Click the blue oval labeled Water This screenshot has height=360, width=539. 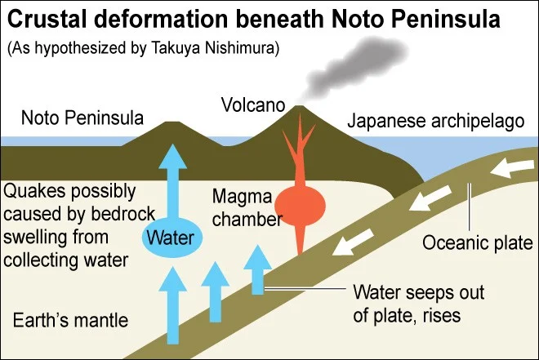click(171, 238)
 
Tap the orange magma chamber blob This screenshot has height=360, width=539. click(300, 206)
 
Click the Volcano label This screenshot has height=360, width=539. click(253, 104)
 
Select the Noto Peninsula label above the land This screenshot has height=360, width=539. click(82, 118)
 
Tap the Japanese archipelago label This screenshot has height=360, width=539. click(435, 121)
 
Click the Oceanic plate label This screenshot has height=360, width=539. click(477, 243)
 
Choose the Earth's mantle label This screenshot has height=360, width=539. click(70, 320)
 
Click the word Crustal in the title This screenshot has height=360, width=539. click(47, 19)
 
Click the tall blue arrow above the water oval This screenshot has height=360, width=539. click(172, 184)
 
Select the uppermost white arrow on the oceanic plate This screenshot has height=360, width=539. click(512, 167)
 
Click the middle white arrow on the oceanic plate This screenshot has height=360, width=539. click(430, 198)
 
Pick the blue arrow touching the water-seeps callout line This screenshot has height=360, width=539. click(258, 269)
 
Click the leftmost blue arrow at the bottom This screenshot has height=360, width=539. click(172, 305)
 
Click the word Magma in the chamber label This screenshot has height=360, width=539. click(243, 197)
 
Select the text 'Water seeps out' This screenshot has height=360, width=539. click(419, 292)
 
